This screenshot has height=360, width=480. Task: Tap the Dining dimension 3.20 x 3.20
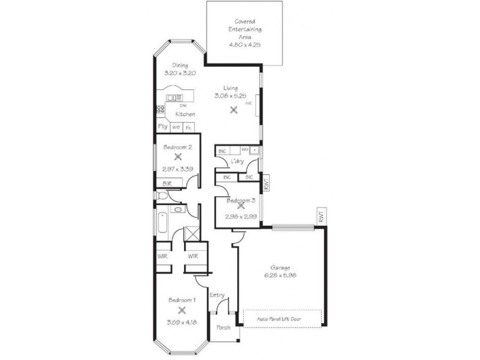pos(181,73)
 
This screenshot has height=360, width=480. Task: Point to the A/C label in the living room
pos(248,103)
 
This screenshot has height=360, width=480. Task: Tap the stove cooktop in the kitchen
pos(160,109)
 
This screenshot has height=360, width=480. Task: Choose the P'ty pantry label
pos(162,127)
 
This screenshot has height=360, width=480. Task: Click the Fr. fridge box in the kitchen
pos(188,127)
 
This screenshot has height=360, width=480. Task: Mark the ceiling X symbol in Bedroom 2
pos(178,157)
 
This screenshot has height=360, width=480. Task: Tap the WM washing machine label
pos(244,149)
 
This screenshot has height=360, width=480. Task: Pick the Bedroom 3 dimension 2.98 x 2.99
pos(239,217)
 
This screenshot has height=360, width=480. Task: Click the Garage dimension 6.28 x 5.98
pos(280,275)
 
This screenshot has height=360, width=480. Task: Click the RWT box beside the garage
pos(322,217)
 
